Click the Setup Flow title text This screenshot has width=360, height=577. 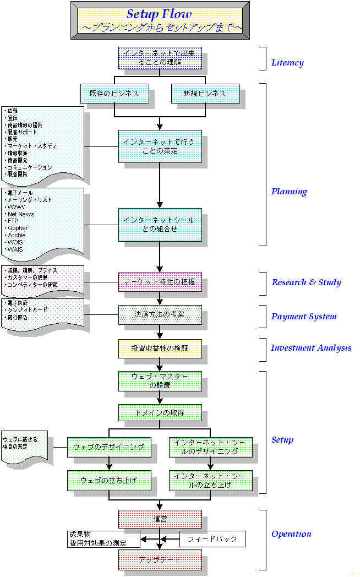(160, 13)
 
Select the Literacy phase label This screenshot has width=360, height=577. (287, 63)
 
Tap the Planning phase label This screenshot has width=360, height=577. (289, 192)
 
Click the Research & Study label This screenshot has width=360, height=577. (306, 282)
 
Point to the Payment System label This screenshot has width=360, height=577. (303, 317)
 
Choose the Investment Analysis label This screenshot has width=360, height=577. (310, 347)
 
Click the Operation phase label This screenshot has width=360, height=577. (291, 534)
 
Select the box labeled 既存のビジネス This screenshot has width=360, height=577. (114, 93)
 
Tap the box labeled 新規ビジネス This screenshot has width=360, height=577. (205, 93)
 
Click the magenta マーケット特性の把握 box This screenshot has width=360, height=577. (160, 282)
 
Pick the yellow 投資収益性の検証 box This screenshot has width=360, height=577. (160, 349)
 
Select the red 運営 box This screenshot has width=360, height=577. (160, 519)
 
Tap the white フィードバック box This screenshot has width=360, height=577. (212, 538)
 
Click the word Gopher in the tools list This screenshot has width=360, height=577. (18, 228)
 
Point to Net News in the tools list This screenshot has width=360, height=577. (21, 214)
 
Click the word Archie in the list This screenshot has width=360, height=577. (17, 235)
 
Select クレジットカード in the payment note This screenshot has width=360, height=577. (28, 310)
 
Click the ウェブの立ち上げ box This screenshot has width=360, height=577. (108, 480)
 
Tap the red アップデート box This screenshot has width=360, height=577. (160, 559)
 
